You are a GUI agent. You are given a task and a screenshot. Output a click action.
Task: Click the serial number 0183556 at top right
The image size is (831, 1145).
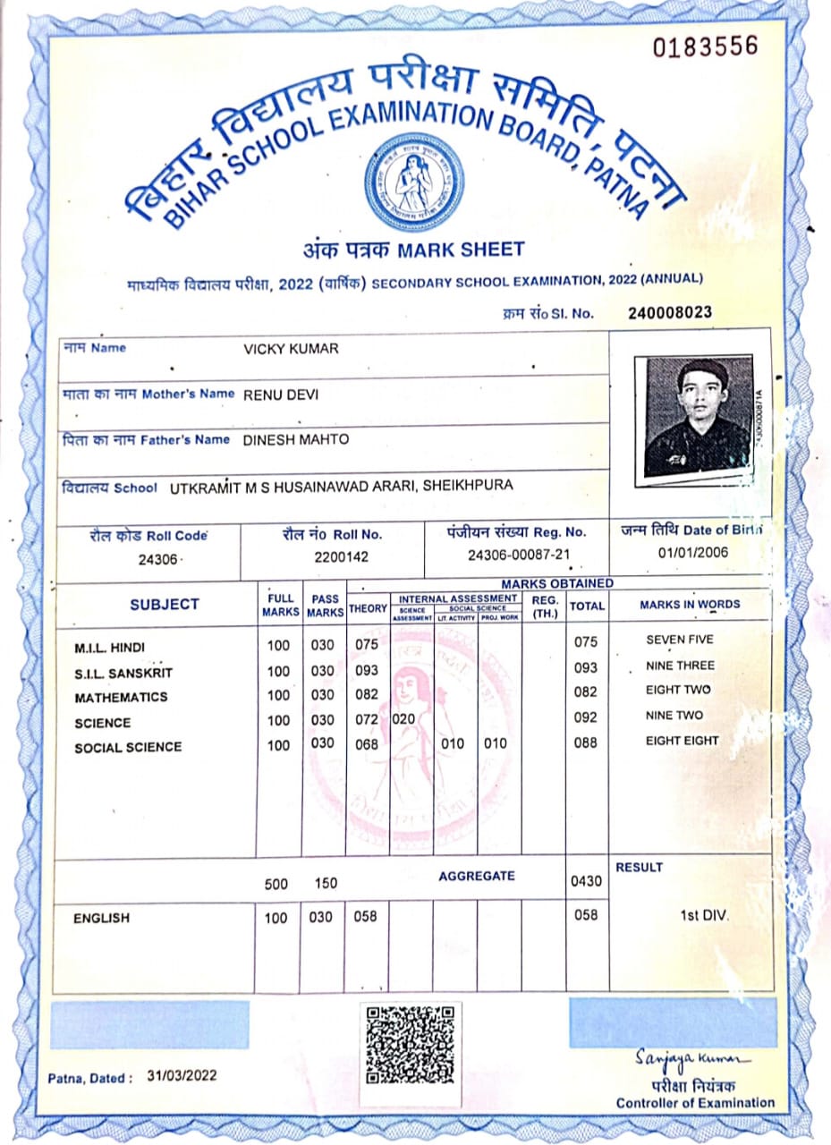click(706, 46)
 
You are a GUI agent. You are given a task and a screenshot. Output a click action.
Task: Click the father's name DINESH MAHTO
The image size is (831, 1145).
click(296, 439)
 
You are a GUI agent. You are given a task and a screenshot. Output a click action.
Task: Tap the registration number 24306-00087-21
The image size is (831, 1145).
click(519, 555)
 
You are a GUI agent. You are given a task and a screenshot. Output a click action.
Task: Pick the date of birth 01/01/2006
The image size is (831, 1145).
click(693, 552)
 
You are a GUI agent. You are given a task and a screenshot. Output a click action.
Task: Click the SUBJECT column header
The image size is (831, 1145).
click(165, 605)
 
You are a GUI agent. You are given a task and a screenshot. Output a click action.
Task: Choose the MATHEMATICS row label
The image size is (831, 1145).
click(121, 697)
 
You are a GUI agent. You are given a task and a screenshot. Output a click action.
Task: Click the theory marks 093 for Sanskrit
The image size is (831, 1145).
click(366, 670)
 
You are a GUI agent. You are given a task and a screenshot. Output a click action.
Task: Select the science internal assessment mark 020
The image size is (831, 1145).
click(403, 718)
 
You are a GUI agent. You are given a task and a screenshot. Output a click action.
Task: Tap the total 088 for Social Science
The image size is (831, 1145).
click(585, 742)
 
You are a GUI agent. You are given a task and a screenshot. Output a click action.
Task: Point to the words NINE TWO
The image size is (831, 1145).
click(674, 716)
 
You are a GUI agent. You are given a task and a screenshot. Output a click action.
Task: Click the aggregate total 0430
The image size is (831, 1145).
click(585, 883)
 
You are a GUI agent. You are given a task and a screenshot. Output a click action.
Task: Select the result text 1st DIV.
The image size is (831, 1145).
click(705, 916)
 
